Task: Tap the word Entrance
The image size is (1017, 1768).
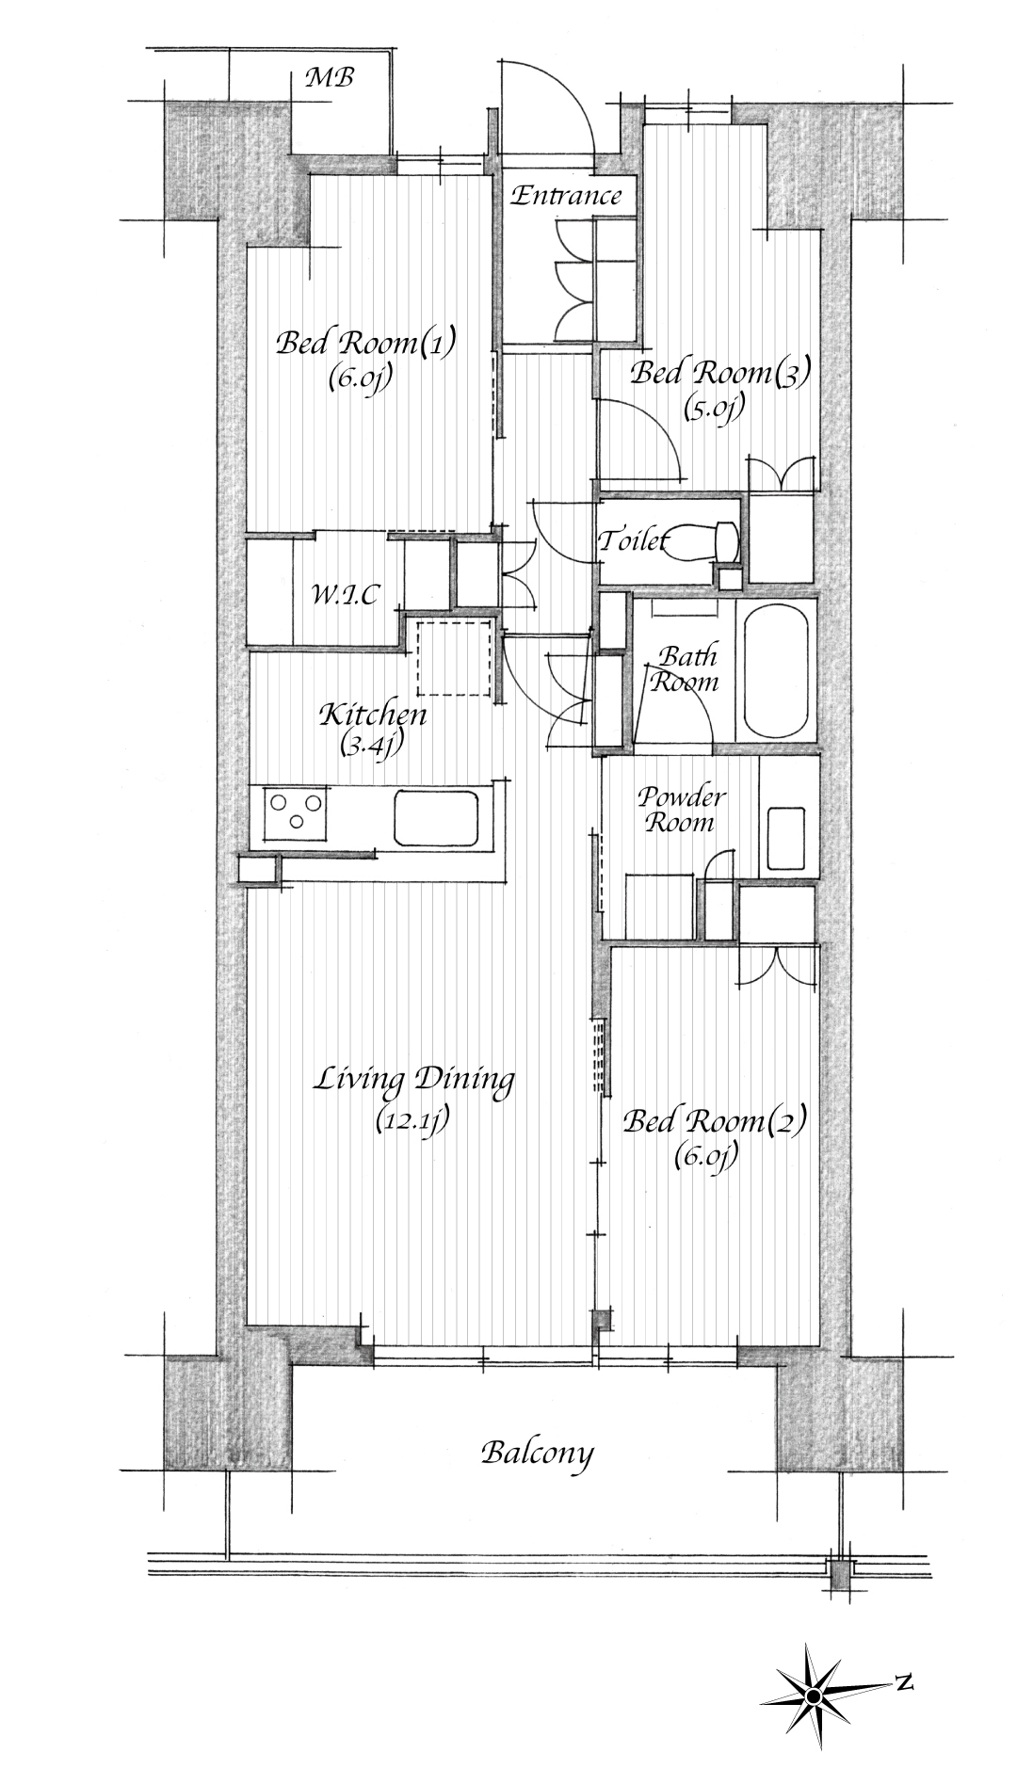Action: [x=566, y=196]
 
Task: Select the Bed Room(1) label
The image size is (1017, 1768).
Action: [x=366, y=342]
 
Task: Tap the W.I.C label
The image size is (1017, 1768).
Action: [x=346, y=595]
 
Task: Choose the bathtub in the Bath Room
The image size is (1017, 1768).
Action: [x=777, y=672]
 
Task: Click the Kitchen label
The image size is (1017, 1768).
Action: [x=373, y=715]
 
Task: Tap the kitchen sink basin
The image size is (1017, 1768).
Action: [x=440, y=818]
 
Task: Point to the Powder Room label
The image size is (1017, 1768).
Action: [x=682, y=810]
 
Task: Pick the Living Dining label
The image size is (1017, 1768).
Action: [x=414, y=1079]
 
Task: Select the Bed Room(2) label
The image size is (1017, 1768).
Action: [x=716, y=1121]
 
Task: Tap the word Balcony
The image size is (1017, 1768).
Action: [x=538, y=1452]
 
